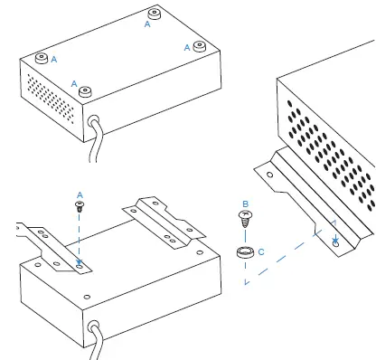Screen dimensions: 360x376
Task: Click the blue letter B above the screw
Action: [x=244, y=204]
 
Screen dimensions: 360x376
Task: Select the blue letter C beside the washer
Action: [x=261, y=251]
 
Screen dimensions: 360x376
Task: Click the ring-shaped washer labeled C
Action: [x=244, y=252]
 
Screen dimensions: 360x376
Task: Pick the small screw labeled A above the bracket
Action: [x=80, y=206]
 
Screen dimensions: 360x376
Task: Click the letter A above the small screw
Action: [x=80, y=194]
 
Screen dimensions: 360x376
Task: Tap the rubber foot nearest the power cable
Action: [x=86, y=91]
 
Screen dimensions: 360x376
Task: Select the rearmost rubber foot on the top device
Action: [x=154, y=14]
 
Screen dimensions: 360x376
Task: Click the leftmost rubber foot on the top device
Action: [x=41, y=58]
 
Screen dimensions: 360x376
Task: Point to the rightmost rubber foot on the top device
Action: [x=200, y=44]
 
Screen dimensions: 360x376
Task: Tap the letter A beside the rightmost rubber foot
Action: [x=188, y=46]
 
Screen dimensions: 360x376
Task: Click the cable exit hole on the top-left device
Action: [x=93, y=118]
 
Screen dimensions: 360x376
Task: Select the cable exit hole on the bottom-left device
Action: [x=92, y=322]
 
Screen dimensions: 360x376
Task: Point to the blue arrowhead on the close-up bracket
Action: [x=334, y=242]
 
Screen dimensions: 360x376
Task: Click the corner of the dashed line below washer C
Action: [x=244, y=283]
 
